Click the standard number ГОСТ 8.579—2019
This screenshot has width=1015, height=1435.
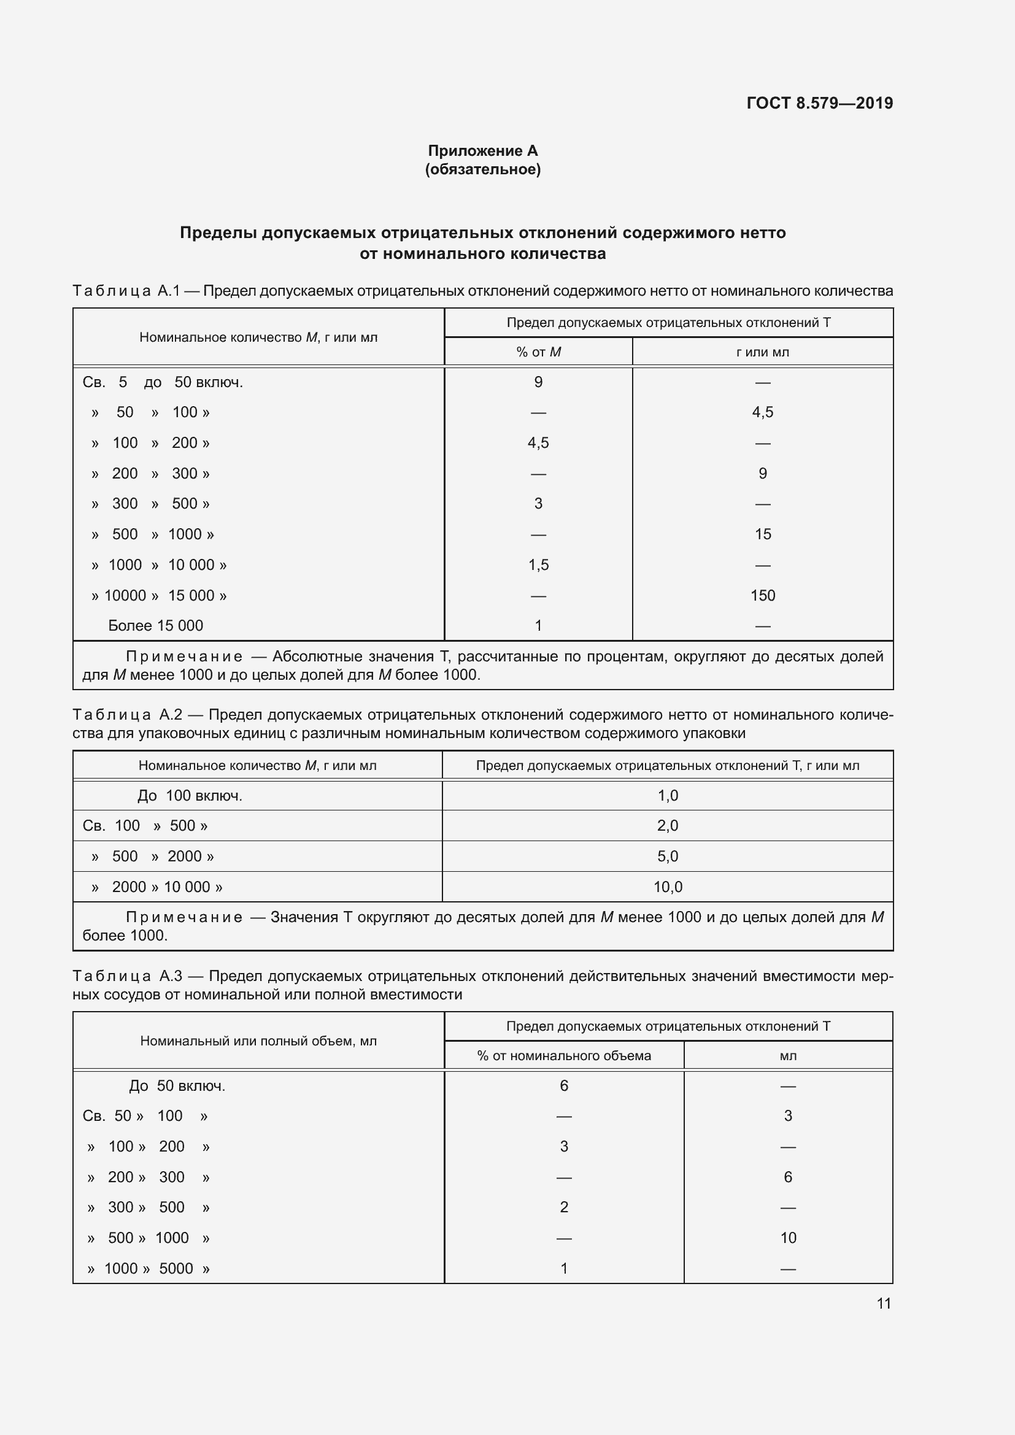point(819,103)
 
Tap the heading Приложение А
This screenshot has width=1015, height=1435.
point(482,151)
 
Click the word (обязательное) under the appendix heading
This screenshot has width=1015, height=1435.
point(482,169)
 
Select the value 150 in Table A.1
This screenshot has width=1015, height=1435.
point(763,595)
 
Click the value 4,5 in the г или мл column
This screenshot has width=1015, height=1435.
point(763,412)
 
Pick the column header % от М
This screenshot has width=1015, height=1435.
point(538,352)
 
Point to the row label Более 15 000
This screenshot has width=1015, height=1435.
point(156,626)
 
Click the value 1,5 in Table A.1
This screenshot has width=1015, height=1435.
point(538,565)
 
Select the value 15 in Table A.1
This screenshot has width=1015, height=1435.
point(763,534)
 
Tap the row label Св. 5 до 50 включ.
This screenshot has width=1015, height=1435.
point(163,382)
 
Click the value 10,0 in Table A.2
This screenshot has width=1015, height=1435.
point(668,887)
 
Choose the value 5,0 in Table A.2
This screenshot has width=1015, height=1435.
point(668,856)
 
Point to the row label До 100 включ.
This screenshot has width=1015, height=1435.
point(190,796)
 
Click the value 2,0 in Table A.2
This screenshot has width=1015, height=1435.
point(668,826)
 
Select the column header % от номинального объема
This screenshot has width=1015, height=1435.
point(564,1056)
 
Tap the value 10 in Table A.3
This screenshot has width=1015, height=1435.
point(788,1237)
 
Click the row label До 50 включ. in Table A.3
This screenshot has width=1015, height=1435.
point(177,1086)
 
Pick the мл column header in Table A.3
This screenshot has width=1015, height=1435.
point(788,1056)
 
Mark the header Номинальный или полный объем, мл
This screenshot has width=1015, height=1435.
point(258,1041)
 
